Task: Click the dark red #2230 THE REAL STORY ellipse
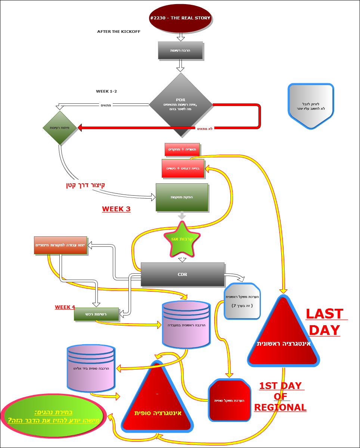coord(180,18)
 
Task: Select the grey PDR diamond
coord(180,105)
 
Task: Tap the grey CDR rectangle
coord(182,274)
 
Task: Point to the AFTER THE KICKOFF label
coord(119,32)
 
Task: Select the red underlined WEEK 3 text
coord(116,209)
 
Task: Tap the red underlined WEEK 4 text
coord(65,307)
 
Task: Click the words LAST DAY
coord(325,322)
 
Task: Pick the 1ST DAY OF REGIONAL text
coord(280,396)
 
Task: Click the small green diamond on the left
coord(60,128)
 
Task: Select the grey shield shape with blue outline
coord(310,106)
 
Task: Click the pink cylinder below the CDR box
coord(186,324)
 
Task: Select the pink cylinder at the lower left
coord(90,369)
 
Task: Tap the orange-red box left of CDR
coord(60,245)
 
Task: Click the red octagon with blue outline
coord(229,400)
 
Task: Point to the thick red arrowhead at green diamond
coord(80,128)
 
